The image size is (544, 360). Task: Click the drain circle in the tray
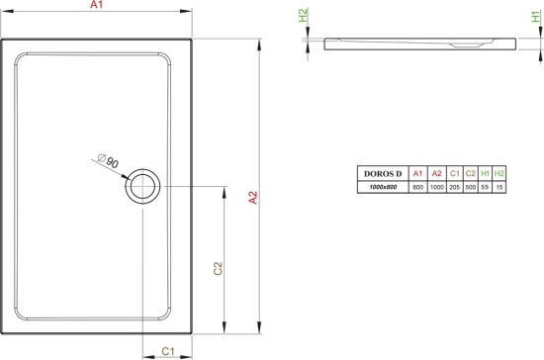(x=143, y=186)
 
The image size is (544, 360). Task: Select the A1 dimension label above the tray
(x=96, y=6)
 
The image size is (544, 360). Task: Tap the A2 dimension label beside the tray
(x=252, y=197)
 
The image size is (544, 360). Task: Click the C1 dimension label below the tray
(x=167, y=350)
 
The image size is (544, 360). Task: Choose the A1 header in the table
(x=417, y=175)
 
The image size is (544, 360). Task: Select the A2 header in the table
(x=436, y=175)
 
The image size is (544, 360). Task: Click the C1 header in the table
(x=454, y=175)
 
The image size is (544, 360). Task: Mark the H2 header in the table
(x=499, y=175)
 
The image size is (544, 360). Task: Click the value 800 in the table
(x=417, y=187)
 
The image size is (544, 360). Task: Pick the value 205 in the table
(x=454, y=187)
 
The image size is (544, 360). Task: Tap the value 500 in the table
(x=470, y=187)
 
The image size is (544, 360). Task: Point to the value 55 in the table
(x=485, y=187)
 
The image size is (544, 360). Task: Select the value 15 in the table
(x=499, y=187)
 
